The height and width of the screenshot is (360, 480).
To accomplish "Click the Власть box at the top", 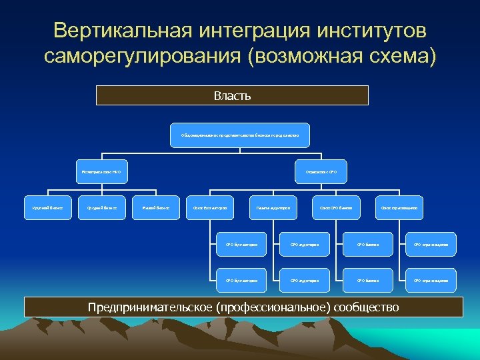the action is (x=232, y=95).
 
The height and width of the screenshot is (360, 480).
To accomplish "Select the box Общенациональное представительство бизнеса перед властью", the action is (x=239, y=135).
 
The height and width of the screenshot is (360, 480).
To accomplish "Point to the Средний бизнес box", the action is (x=102, y=208).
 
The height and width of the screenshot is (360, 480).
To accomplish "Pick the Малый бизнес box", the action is (x=156, y=208).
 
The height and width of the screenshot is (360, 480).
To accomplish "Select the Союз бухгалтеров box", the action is (x=210, y=208).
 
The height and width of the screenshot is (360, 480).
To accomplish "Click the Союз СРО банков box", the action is (x=336, y=208).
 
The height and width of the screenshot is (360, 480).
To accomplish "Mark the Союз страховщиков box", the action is (x=399, y=208).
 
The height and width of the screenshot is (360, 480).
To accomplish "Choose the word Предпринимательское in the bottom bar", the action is (x=151, y=307).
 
